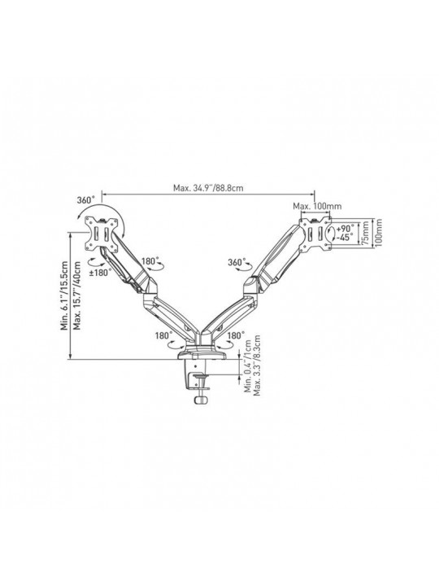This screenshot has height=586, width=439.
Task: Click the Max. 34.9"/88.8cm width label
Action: click(x=208, y=187)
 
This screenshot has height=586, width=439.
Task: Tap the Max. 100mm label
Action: click(x=317, y=206)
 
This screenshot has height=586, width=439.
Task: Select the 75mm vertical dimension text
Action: click(x=365, y=234)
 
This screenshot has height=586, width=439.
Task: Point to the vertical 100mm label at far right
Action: click(x=378, y=232)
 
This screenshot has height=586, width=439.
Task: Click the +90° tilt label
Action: click(x=345, y=229)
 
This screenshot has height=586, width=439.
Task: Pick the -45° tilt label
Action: click(x=345, y=238)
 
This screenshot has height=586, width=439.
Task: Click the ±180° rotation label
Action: click(x=101, y=273)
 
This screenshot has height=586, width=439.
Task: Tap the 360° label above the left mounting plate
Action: click(x=86, y=200)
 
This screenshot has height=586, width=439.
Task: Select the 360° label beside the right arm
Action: click(x=237, y=262)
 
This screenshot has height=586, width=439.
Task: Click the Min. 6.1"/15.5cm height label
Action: click(x=64, y=295)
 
